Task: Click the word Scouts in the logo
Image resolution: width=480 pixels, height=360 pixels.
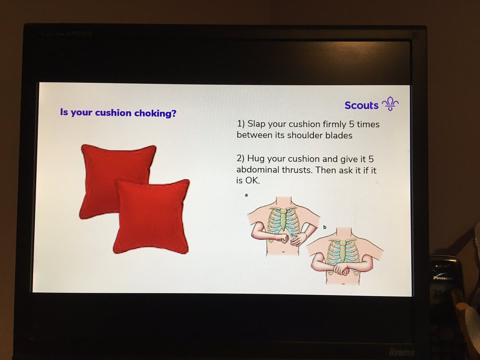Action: (361, 105)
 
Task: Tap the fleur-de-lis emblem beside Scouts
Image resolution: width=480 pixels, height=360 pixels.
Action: (390, 104)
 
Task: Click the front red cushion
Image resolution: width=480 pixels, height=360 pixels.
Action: (151, 216)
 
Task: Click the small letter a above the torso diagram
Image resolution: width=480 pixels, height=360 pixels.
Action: (246, 195)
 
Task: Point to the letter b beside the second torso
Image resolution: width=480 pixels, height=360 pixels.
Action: (324, 227)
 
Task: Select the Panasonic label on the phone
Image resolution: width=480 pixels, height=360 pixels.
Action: (442, 277)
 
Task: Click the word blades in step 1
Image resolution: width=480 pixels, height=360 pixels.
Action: (340, 136)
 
